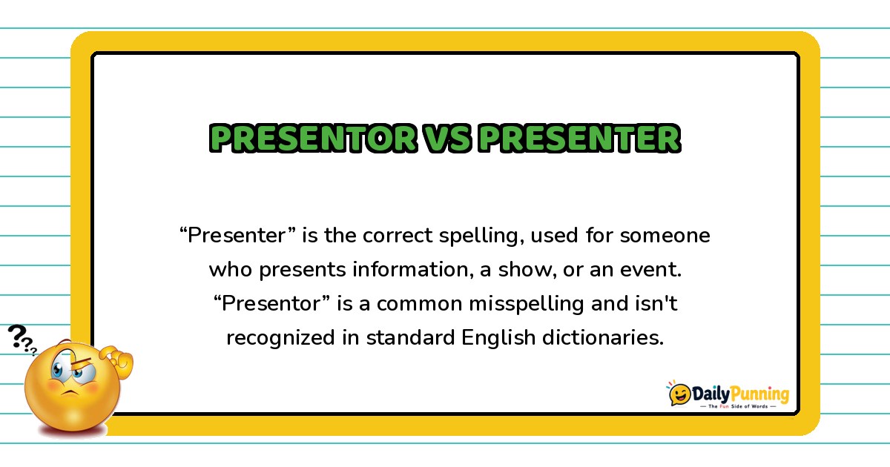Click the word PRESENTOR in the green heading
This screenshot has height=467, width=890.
[314, 138]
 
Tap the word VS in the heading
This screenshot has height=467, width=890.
[447, 138]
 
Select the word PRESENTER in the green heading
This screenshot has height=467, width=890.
[580, 138]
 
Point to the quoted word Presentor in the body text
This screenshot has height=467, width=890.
[272, 303]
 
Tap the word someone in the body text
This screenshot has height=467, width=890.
[665, 235]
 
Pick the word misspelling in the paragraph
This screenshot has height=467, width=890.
[527, 305]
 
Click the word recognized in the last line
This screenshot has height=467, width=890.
[280, 339]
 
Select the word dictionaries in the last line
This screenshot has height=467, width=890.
[603, 337]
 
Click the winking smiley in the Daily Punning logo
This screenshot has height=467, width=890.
[679, 394]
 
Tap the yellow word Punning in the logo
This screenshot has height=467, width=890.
[759, 394]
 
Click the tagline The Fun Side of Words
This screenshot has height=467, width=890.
[738, 406]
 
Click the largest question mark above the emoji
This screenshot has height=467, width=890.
[17, 336]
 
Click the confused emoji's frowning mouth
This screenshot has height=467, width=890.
[70, 393]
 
